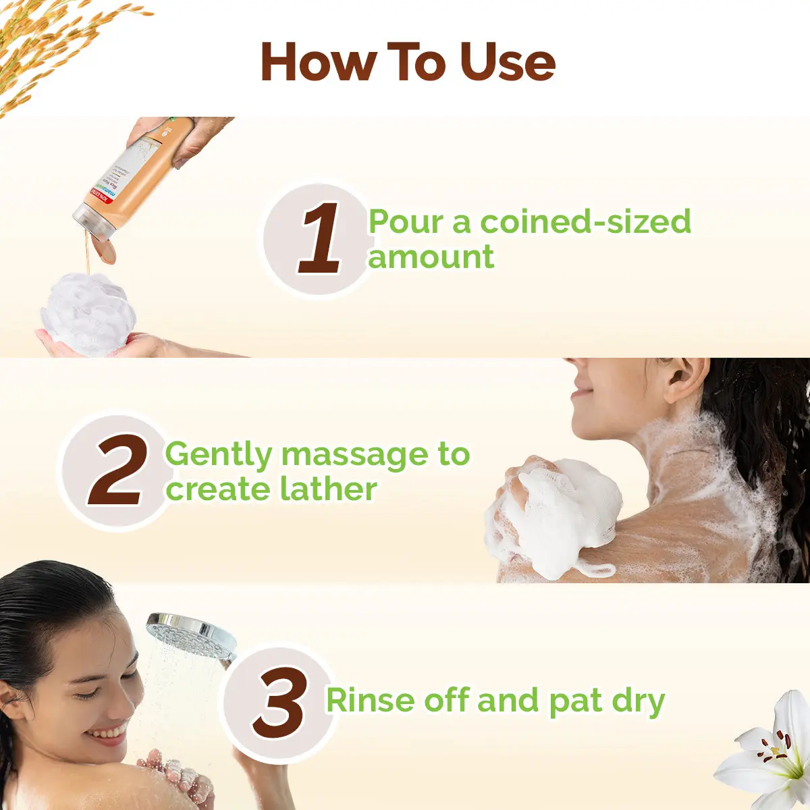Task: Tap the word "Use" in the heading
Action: (x=507, y=62)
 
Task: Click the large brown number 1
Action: (x=319, y=239)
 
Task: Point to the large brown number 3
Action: (x=280, y=703)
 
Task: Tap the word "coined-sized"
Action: (x=585, y=223)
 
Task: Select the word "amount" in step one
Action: (x=431, y=257)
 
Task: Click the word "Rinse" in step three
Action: (x=370, y=700)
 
